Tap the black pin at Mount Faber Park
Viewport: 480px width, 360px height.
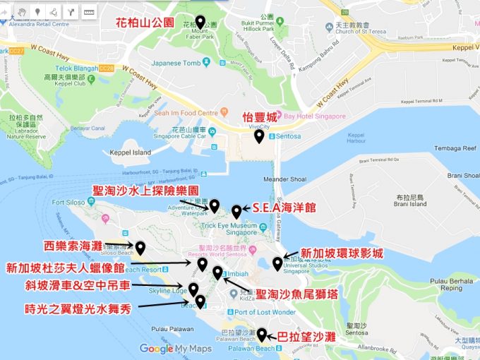pyautogui.click(x=200, y=23)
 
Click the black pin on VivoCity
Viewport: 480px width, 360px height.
pyautogui.click(x=259, y=136)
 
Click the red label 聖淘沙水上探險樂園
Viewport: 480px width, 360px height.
pyautogui.click(x=145, y=191)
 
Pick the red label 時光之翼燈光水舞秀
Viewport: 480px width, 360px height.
pyautogui.click(x=77, y=306)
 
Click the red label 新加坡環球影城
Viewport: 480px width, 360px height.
pyautogui.click(x=342, y=253)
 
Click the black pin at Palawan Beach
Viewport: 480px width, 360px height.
pyautogui.click(x=262, y=335)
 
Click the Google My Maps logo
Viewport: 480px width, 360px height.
pyautogui.click(x=175, y=349)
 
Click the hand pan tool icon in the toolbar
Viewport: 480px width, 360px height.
pyautogui.click(x=23, y=12)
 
